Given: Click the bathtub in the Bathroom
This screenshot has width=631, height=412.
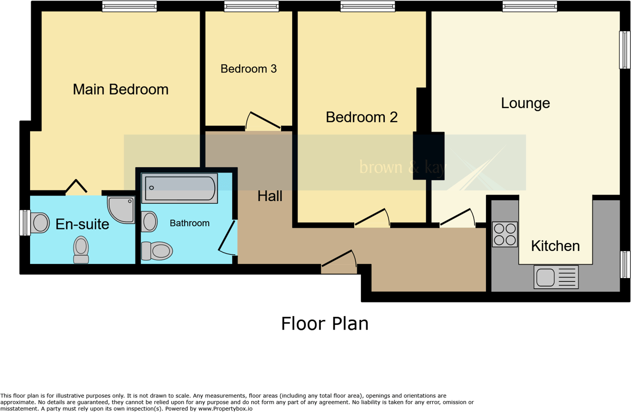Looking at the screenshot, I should coord(180,188).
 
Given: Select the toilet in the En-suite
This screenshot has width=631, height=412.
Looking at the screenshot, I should coord(81,249).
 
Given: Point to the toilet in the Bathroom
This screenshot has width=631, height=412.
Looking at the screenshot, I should coord(157,251).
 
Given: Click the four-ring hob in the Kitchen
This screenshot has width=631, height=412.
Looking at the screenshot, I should coord(504,234).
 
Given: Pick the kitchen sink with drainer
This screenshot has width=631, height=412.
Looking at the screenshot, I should coord(556,277).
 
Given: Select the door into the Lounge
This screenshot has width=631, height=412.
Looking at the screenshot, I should coord(457,218).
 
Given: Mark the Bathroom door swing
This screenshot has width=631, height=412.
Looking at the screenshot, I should coord(227,237).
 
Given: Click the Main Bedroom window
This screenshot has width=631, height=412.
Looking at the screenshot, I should coord(130,6).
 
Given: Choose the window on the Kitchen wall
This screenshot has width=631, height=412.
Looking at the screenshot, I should coord(625,264).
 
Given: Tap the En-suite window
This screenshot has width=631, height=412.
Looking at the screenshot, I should coord(25,222).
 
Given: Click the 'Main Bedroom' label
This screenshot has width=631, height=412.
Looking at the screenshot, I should coord(121,89).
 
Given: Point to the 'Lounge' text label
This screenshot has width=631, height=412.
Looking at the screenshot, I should coord(525,103).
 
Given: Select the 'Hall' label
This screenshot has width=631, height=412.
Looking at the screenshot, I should coord(270,196).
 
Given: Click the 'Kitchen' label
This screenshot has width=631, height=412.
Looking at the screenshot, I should coord(555,246).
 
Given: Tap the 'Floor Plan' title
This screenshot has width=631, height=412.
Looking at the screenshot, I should coord(325,323).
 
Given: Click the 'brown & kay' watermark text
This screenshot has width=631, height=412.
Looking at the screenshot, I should coord(402,167).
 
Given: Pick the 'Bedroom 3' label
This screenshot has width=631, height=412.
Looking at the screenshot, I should coord(249,69).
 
